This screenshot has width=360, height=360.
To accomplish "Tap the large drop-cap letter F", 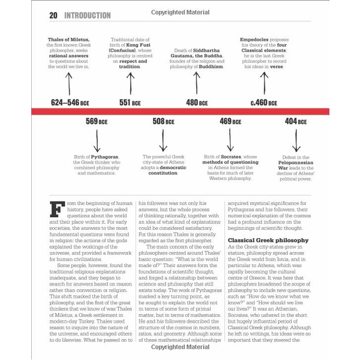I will point(58,211).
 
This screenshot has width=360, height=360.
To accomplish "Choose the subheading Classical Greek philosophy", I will point(268,240).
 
